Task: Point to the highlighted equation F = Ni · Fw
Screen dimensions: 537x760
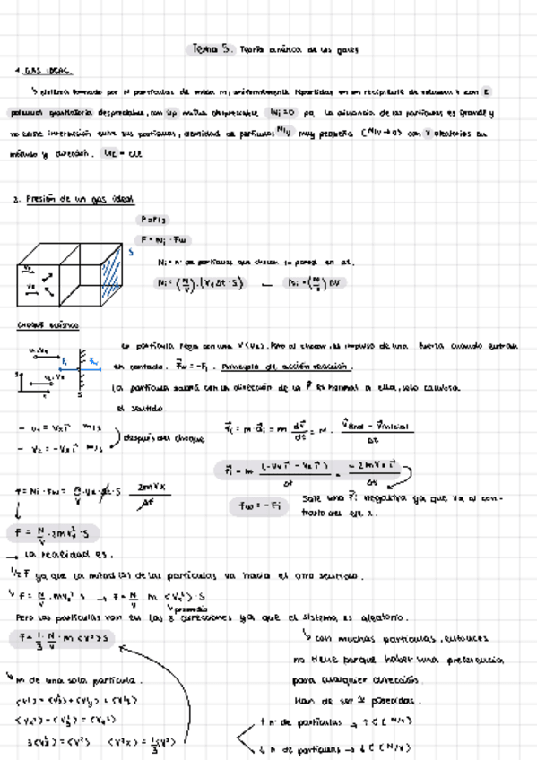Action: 162,239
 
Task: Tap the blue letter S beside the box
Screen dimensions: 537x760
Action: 131,253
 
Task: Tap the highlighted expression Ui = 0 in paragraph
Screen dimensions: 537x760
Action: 280,114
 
